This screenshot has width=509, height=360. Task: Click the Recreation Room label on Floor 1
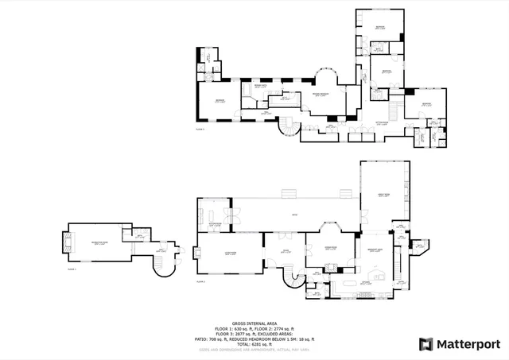point(99,243)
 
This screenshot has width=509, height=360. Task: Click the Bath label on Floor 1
point(138,236)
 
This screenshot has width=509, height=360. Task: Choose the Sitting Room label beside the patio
point(214,225)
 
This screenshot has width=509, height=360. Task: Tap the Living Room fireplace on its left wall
point(198,254)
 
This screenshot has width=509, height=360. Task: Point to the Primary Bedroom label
point(320,95)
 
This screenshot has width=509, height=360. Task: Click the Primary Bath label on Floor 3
point(260,87)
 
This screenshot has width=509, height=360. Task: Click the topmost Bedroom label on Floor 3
point(380,28)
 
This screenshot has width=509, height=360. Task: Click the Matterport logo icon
point(426,343)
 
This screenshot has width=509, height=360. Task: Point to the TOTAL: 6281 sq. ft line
point(254,343)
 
